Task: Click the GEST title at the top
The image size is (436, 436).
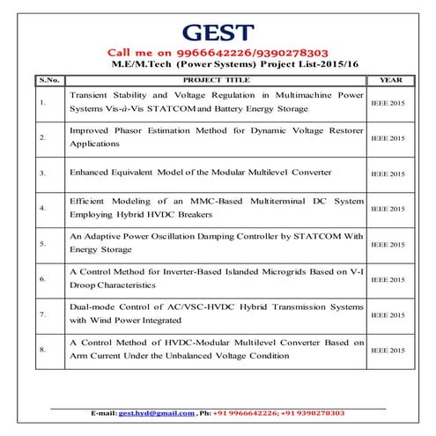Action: tap(218, 33)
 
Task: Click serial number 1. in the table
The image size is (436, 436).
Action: tap(41, 101)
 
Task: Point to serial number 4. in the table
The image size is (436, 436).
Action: tap(41, 209)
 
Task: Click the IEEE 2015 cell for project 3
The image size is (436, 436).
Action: tap(388, 174)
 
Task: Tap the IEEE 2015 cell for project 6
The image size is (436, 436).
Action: tap(388, 279)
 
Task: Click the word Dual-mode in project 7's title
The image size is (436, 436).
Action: tap(91, 306)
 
